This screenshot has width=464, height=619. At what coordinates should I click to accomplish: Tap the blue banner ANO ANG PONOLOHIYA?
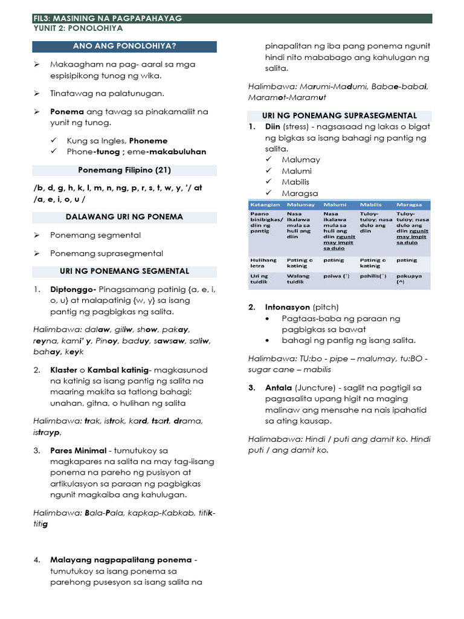click(124, 46)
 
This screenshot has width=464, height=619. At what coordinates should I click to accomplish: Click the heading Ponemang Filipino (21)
click(124, 170)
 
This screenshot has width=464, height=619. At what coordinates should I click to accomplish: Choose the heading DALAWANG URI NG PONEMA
click(124, 216)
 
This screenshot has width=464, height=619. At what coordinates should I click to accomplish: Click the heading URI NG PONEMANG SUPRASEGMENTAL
click(339, 115)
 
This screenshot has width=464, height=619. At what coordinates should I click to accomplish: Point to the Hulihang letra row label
click(263, 262)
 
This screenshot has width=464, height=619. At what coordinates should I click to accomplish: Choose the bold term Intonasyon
click(288, 307)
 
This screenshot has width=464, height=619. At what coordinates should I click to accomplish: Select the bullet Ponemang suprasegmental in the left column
click(106, 253)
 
